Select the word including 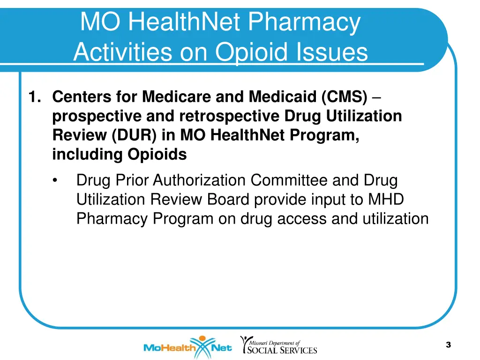85,154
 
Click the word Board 228,199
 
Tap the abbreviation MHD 385,199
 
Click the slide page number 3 448,345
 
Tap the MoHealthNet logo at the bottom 187,347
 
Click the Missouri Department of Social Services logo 278,345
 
